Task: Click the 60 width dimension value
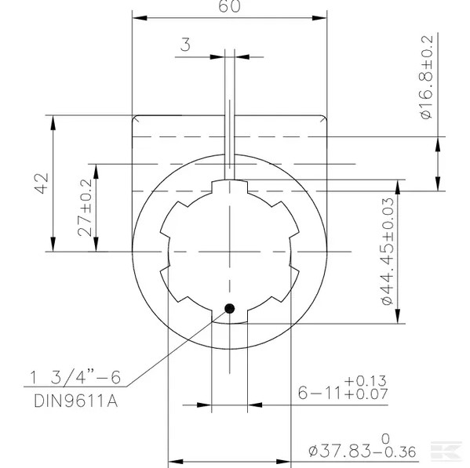click(229, 6)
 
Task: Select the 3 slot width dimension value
click(185, 45)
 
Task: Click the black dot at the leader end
click(229, 308)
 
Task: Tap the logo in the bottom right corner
click(449, 452)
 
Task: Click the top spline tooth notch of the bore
click(230, 188)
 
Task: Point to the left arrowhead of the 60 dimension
click(137, 15)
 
